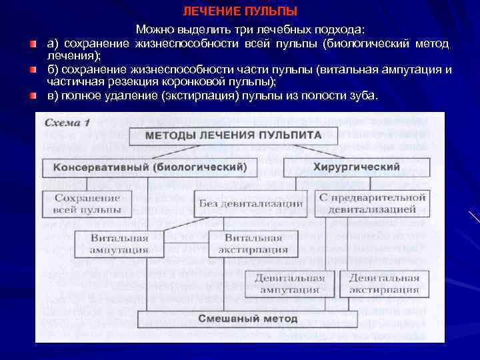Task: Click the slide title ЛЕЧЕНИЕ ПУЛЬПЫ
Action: [x=240, y=11]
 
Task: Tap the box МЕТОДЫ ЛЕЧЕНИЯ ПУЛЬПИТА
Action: [x=233, y=135]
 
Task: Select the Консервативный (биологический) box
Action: [x=149, y=167]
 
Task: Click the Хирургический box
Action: [x=357, y=167]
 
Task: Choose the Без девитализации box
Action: [x=251, y=203]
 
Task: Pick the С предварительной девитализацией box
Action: [x=372, y=203]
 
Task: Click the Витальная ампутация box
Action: [x=119, y=244]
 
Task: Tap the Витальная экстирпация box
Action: [x=253, y=244]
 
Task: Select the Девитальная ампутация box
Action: [x=289, y=283]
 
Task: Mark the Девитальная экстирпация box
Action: [x=384, y=283]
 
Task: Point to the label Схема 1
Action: [x=67, y=123]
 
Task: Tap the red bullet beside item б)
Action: [x=33, y=69]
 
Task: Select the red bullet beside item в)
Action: [x=33, y=95]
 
